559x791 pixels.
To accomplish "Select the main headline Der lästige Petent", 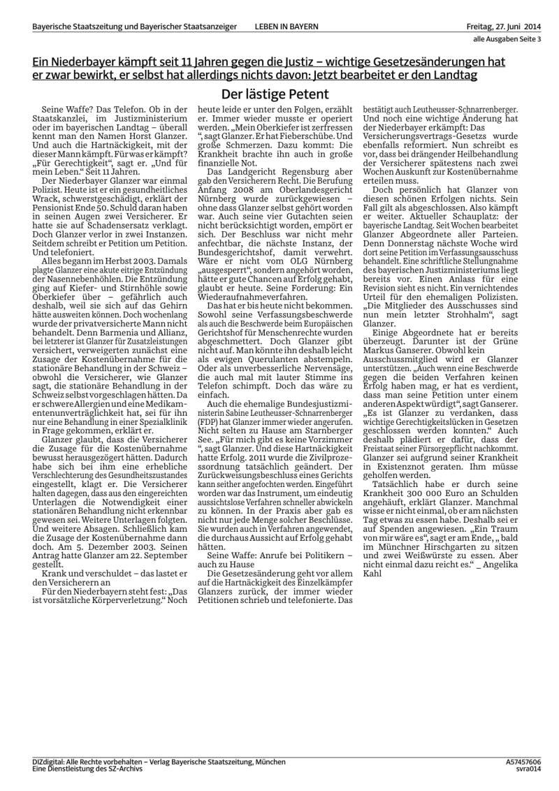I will click(275, 94).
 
